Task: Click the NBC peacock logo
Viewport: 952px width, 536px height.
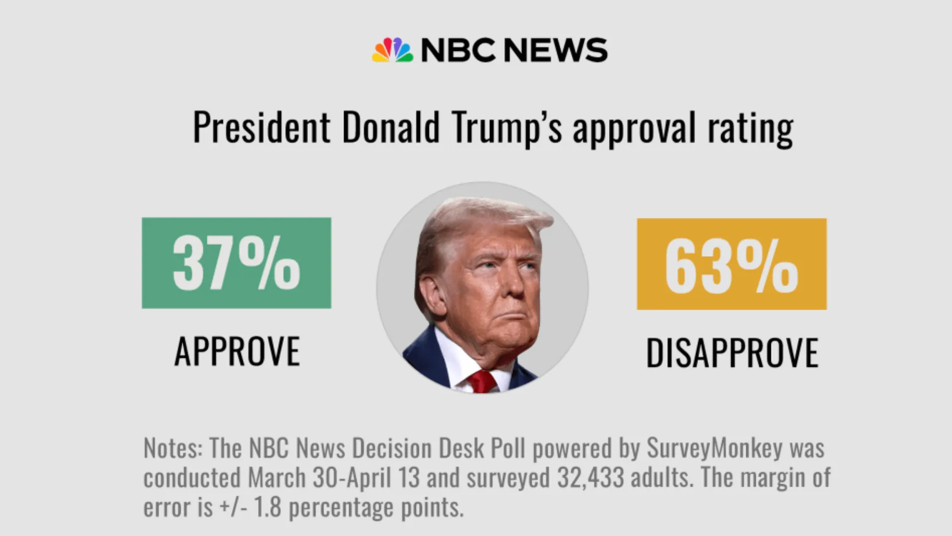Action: (392, 50)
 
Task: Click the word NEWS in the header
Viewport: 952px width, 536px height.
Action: (555, 50)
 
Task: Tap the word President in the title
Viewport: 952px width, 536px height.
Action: (261, 127)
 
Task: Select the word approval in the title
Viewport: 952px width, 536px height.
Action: (634, 129)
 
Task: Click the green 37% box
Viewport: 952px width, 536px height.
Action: (236, 263)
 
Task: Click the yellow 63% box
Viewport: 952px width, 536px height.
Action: (732, 264)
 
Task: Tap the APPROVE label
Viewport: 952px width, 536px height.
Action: (237, 352)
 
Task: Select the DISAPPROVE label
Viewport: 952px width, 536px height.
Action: (732, 353)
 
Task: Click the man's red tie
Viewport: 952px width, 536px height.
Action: (482, 381)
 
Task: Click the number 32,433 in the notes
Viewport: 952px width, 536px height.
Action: (590, 477)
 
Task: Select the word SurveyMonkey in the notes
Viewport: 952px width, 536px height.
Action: (714, 448)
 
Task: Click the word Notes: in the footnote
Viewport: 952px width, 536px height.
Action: (173, 448)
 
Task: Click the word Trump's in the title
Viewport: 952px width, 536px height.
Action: (506, 127)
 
